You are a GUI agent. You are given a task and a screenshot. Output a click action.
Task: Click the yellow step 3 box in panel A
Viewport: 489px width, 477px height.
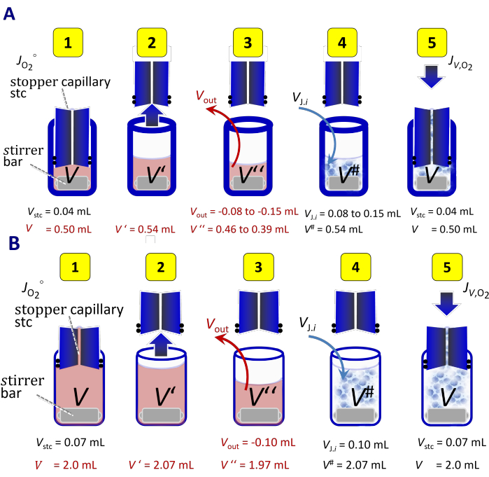[248, 43]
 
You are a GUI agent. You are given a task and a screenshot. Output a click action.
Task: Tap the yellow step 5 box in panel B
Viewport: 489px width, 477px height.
[447, 268]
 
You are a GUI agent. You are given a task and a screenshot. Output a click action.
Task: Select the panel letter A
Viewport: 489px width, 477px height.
[9, 14]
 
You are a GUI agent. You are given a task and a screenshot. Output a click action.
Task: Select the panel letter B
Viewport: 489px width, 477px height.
[15, 243]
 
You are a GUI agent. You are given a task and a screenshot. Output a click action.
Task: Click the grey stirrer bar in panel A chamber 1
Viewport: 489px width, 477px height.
[72, 183]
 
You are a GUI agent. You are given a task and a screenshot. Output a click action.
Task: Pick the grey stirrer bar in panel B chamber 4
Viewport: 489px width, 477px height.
[355, 415]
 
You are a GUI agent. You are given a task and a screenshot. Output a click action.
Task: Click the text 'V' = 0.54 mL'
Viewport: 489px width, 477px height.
[145, 230]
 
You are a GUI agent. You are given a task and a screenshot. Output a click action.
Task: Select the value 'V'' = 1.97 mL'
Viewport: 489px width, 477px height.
[255, 465]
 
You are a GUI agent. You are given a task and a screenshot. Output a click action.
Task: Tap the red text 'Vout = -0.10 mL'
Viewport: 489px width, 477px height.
[257, 443]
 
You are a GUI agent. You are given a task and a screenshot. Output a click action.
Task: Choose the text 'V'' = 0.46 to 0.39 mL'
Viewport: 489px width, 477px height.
[239, 230]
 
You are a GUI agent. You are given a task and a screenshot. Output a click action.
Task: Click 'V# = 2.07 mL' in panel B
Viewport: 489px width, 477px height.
[354, 465]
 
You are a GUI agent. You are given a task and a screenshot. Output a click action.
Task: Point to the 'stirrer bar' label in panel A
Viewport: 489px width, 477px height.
[23, 156]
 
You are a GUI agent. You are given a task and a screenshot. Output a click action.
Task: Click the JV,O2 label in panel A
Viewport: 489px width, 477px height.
[460, 63]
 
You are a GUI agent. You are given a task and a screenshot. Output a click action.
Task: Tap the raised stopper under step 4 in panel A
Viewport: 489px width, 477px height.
[342, 83]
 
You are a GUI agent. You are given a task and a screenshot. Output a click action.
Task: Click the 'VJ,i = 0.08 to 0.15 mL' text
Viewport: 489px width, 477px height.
[353, 214]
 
